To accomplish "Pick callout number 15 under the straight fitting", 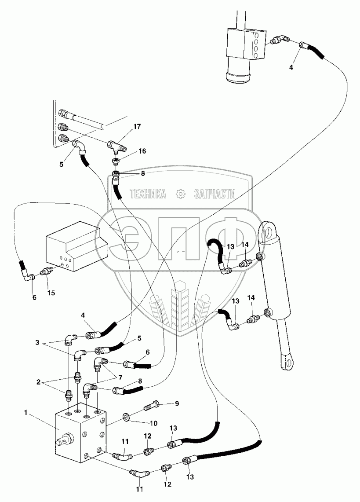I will tap(51, 293).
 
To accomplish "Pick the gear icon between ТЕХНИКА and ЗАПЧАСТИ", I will tap(180, 194).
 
